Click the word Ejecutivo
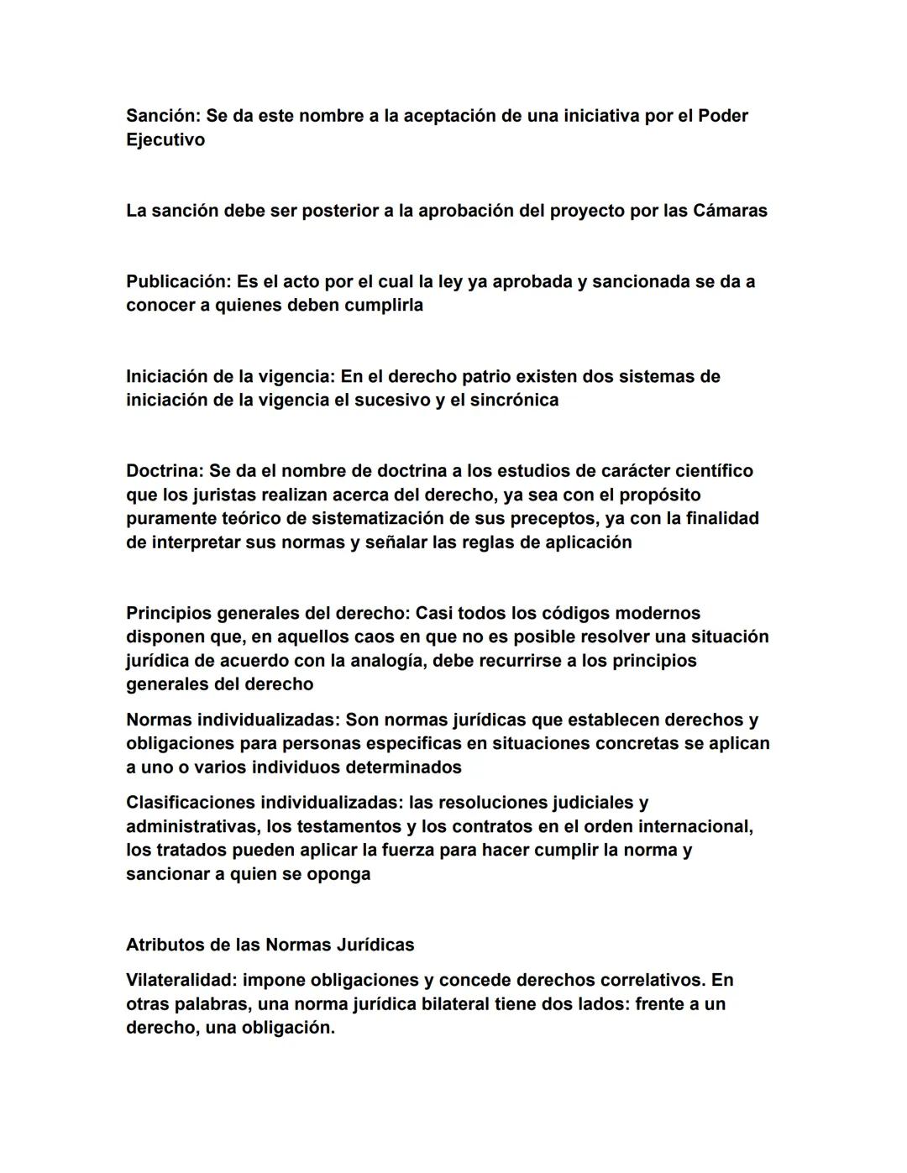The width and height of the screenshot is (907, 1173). coord(165,140)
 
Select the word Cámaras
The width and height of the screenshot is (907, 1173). coord(731,211)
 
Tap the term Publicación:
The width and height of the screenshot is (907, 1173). coord(179,281)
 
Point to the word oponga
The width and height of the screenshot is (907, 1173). coord(340,874)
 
